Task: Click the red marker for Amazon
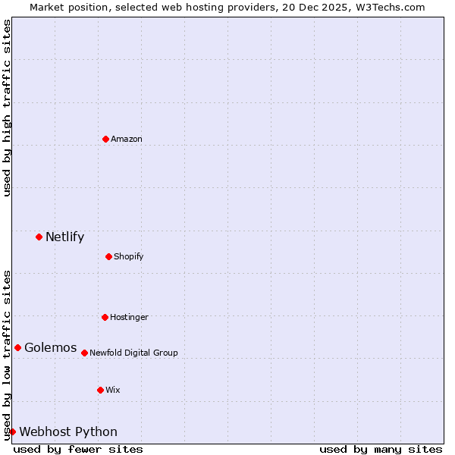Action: pyautogui.click(x=105, y=139)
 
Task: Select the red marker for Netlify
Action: pyautogui.click(x=39, y=237)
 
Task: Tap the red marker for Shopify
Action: pyautogui.click(x=108, y=256)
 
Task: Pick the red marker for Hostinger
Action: pyautogui.click(x=105, y=317)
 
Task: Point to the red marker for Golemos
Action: pyautogui.click(x=17, y=347)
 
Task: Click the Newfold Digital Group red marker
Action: pyautogui.click(x=84, y=353)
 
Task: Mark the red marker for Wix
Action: pyautogui.click(x=100, y=390)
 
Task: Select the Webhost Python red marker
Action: pyautogui.click(x=12, y=431)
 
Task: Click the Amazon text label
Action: pyautogui.click(x=127, y=140)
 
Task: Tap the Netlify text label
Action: pyautogui.click(x=64, y=237)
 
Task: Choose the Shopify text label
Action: pyautogui.click(x=129, y=257)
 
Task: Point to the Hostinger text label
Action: pyautogui.click(x=129, y=318)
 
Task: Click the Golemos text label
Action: pyautogui.click(x=50, y=348)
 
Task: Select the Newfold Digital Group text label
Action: pyautogui.click(x=133, y=353)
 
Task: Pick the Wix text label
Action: pyautogui.click(x=113, y=391)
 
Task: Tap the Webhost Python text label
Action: pyautogui.click(x=68, y=432)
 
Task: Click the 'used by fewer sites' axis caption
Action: pyautogui.click(x=78, y=449)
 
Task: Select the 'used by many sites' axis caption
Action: pyautogui.click(x=381, y=449)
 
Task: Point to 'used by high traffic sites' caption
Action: pyautogui.click(x=8, y=108)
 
